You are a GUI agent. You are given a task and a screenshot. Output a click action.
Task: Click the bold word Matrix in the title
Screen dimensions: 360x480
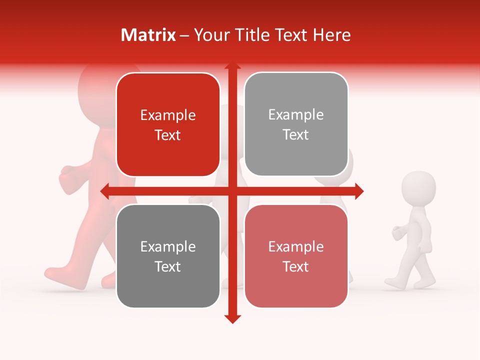point(148,35)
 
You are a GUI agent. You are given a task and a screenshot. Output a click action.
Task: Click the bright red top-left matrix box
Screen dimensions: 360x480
point(168,124)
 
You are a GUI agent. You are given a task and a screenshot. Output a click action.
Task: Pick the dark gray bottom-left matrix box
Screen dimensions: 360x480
point(168,256)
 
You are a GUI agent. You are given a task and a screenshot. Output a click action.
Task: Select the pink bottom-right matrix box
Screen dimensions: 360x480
point(296,256)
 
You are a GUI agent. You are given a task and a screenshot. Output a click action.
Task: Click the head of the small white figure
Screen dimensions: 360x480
point(419,188)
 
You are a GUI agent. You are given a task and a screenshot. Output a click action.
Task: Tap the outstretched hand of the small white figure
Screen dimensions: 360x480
point(397,232)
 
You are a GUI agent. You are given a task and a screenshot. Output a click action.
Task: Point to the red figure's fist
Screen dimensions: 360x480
point(67,176)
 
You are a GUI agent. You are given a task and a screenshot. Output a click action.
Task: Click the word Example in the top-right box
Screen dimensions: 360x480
point(296,114)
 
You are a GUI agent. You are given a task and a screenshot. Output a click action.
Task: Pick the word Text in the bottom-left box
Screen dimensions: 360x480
point(168,266)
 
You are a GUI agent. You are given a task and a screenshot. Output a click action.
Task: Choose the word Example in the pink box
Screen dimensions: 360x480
point(296,246)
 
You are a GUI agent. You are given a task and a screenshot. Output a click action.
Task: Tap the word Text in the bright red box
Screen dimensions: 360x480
point(168,135)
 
